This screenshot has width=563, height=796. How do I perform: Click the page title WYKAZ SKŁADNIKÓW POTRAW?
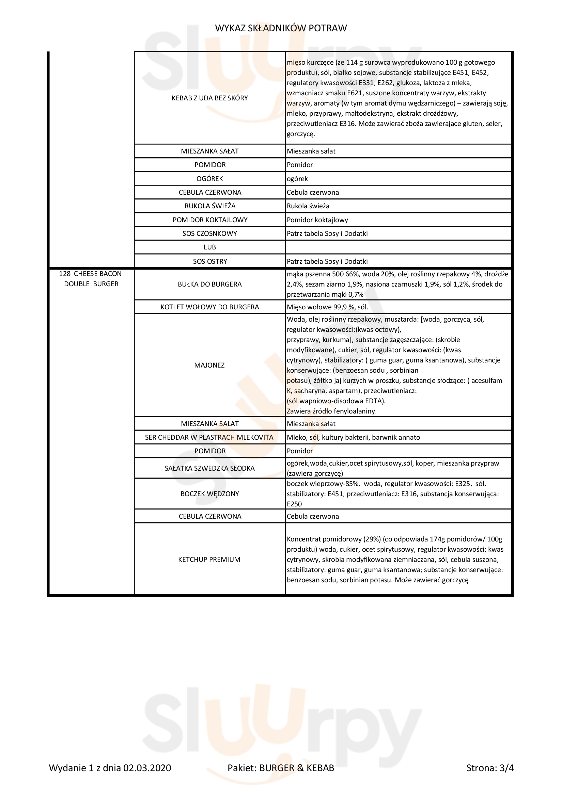pos(281,28)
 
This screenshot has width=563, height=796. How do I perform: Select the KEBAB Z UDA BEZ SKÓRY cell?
pos(209,98)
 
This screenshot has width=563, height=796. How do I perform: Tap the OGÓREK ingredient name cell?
pos(209,179)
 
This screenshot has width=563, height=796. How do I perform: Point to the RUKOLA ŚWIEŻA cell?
pos(209,206)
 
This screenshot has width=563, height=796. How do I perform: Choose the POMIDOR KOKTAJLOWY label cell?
pos(209,220)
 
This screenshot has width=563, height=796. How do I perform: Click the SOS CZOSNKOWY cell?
pos(209,233)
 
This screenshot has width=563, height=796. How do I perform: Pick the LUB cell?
pos(209,247)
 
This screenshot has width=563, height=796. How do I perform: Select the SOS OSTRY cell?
pos(209,261)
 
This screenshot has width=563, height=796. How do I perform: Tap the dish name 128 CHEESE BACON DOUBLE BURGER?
pos(91,279)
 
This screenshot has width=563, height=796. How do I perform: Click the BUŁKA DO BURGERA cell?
pos(209,284)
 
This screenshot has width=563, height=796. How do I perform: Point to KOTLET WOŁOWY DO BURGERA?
pos(209,307)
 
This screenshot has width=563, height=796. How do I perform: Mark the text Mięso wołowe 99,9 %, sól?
pos(327,307)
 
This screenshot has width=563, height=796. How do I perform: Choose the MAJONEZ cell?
pos(209,365)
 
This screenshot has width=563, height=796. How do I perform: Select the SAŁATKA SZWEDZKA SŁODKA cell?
pos(209,468)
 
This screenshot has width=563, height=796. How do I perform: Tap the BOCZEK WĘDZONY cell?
pos(209,494)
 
